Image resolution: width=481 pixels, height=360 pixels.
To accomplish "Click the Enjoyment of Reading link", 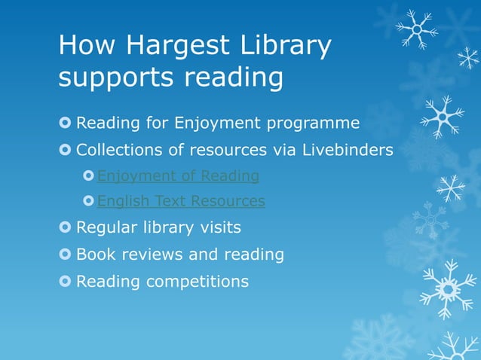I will coord(178,176).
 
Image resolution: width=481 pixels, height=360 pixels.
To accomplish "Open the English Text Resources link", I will coord(181,201).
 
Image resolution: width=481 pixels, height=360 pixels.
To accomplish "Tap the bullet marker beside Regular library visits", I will coord(66,227).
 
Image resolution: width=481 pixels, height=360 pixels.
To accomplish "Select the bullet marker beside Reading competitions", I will coord(66,282).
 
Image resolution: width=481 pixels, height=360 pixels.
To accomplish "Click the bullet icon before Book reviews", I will coord(66,255).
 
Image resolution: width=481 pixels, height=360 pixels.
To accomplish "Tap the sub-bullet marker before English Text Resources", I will coord(89,201).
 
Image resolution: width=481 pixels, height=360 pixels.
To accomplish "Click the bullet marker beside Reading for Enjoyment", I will coord(66,123).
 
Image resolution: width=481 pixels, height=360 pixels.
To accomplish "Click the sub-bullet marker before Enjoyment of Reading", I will coord(89,176).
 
